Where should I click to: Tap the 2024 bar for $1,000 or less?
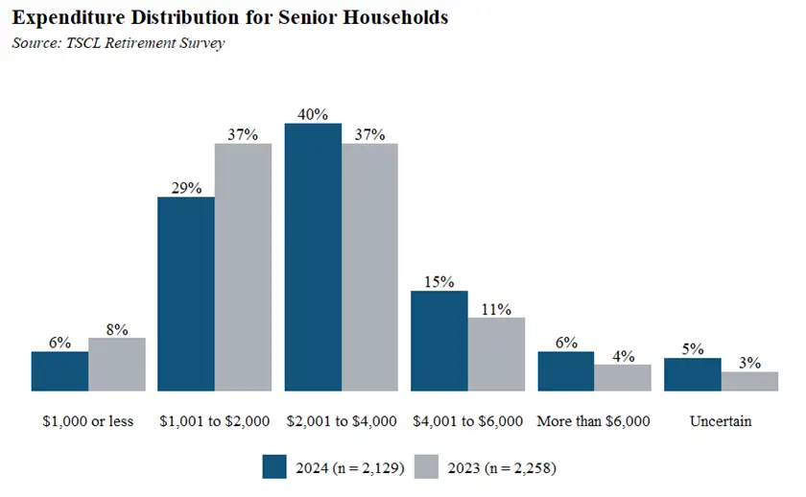click(x=59, y=371)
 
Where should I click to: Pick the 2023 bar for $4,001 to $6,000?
click(x=496, y=354)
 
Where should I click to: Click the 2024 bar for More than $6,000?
click(x=565, y=371)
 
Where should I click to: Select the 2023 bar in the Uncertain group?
click(x=749, y=381)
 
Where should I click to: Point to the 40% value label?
click(x=313, y=114)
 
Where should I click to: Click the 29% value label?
click(x=186, y=188)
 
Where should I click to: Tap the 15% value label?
click(x=439, y=282)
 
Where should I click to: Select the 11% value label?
click(x=496, y=309)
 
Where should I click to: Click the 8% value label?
click(x=116, y=328)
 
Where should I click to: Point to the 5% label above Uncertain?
click(x=692, y=349)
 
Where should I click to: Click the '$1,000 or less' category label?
click(x=87, y=420)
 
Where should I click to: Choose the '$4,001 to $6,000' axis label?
click(x=467, y=420)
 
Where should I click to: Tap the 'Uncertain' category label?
click(x=721, y=420)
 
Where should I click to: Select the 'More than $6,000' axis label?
click(x=594, y=420)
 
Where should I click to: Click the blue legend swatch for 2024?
click(x=275, y=467)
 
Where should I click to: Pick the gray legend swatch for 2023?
click(x=428, y=467)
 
